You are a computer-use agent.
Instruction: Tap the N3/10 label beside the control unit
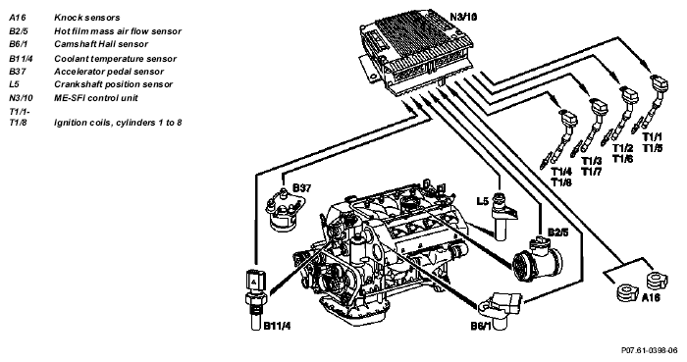click(x=463, y=17)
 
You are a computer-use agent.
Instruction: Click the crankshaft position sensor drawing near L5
click(x=502, y=216)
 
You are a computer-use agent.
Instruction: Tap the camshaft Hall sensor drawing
click(x=502, y=306)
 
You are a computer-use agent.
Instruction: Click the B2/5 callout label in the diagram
click(x=557, y=232)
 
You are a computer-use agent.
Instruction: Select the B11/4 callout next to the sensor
click(x=278, y=326)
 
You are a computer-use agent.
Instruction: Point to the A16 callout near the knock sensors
click(x=651, y=297)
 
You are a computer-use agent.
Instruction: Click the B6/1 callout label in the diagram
click(x=481, y=326)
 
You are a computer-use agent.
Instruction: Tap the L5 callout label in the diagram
click(x=483, y=201)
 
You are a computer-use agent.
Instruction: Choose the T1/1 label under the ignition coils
click(x=653, y=136)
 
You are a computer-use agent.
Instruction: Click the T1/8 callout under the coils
click(x=561, y=182)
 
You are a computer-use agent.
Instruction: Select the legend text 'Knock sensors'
click(x=86, y=18)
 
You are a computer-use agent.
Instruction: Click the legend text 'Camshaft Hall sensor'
click(x=101, y=44)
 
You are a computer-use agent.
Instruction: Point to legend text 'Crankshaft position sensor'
click(x=114, y=84)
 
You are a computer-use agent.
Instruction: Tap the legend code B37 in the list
click(x=17, y=72)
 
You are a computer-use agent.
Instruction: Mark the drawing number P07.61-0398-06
click(x=650, y=350)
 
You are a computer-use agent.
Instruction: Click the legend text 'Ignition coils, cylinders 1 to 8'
click(x=118, y=123)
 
